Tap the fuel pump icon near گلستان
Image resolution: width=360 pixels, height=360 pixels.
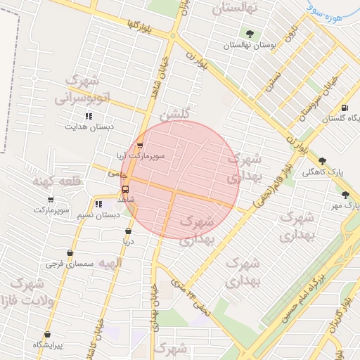click(344, 108)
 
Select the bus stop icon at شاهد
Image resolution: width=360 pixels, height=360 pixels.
click(126, 189)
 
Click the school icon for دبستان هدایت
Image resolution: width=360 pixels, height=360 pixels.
click(89, 116)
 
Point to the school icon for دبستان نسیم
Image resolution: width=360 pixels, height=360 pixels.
click(89, 204)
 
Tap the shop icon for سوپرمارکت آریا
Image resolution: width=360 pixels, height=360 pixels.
click(129, 146)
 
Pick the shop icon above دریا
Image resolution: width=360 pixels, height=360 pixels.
click(128, 231)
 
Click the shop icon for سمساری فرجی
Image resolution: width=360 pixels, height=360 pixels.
click(70, 252)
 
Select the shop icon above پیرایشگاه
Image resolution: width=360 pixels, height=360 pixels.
click(47, 335)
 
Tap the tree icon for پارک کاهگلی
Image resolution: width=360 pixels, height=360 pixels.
click(323, 161)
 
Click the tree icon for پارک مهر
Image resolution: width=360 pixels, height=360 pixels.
click(345, 195)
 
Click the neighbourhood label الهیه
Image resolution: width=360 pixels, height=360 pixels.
click(110, 263)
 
